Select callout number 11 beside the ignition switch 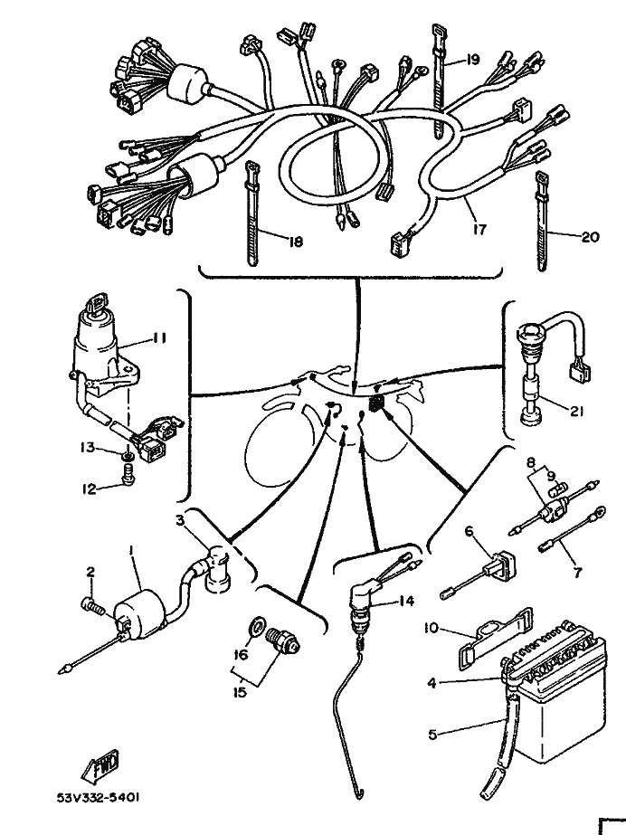(158, 339)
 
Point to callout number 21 (575, 409)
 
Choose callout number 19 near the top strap (472, 61)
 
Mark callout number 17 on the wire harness (479, 230)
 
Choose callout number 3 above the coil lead (180, 520)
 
